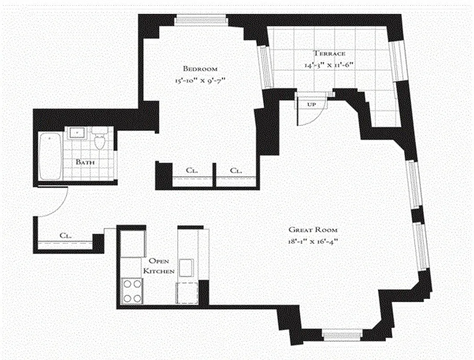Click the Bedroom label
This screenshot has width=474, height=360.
200,69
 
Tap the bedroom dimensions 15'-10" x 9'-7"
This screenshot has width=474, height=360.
200,81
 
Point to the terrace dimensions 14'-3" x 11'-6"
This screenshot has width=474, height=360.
330,65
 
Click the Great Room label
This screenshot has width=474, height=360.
313,229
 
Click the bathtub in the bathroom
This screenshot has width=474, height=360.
50,156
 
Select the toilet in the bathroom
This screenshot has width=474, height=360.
99,139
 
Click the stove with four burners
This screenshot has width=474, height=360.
132,291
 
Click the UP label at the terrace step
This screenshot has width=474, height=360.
311,104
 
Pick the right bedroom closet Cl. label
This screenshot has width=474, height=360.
235,171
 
